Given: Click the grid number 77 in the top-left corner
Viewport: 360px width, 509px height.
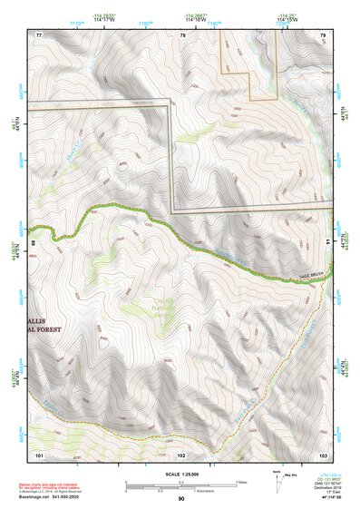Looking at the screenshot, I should click(x=39, y=34).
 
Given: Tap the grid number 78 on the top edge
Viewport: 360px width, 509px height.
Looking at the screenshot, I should click(x=181, y=34).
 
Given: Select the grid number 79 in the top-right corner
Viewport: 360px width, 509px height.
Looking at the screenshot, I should click(x=323, y=34).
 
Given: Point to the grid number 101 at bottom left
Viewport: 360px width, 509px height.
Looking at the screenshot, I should click(x=39, y=453).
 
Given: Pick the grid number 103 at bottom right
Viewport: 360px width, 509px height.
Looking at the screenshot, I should click(x=323, y=453).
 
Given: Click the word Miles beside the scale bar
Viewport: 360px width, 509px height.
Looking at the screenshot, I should click(x=240, y=481).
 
